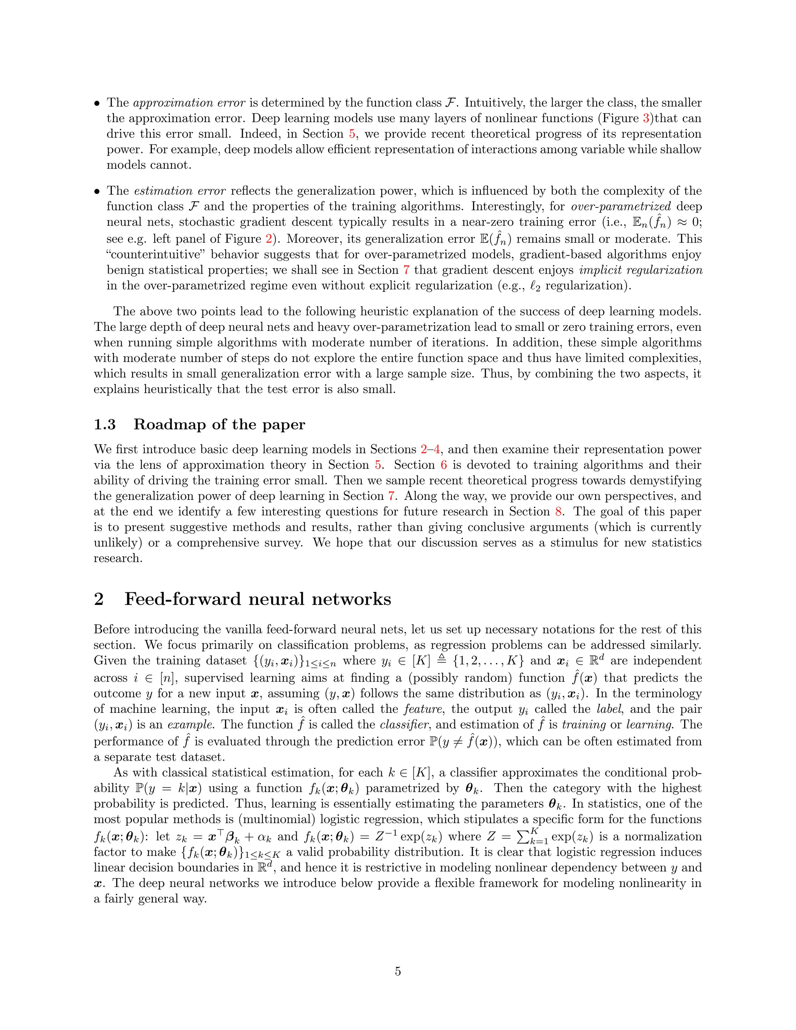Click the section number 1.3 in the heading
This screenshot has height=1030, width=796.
(105, 424)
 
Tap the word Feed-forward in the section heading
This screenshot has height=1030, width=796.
(183, 599)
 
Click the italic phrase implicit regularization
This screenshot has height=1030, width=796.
(641, 270)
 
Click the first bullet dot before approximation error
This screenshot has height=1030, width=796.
(97, 103)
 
